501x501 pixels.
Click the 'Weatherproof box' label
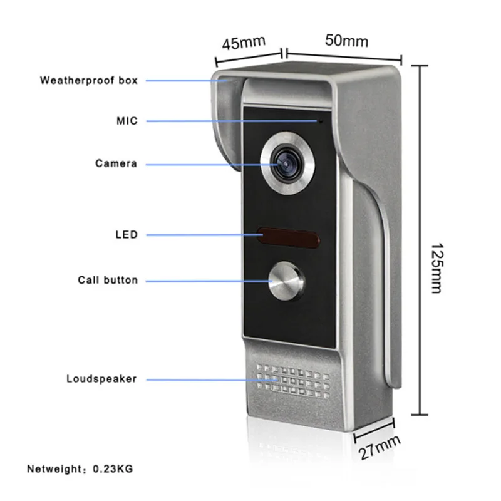coord(89,80)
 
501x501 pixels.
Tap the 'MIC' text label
coord(126,120)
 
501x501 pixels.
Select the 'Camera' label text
coord(116,163)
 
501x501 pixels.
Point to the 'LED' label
coord(126,235)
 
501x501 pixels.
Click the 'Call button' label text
coord(108,280)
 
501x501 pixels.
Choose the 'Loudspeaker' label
coord(101,378)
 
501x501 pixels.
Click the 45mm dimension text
coord(244,43)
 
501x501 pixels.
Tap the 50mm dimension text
coord(347,41)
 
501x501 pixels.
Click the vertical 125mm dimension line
coord(418,238)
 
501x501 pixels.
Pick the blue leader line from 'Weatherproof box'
coord(182,81)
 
